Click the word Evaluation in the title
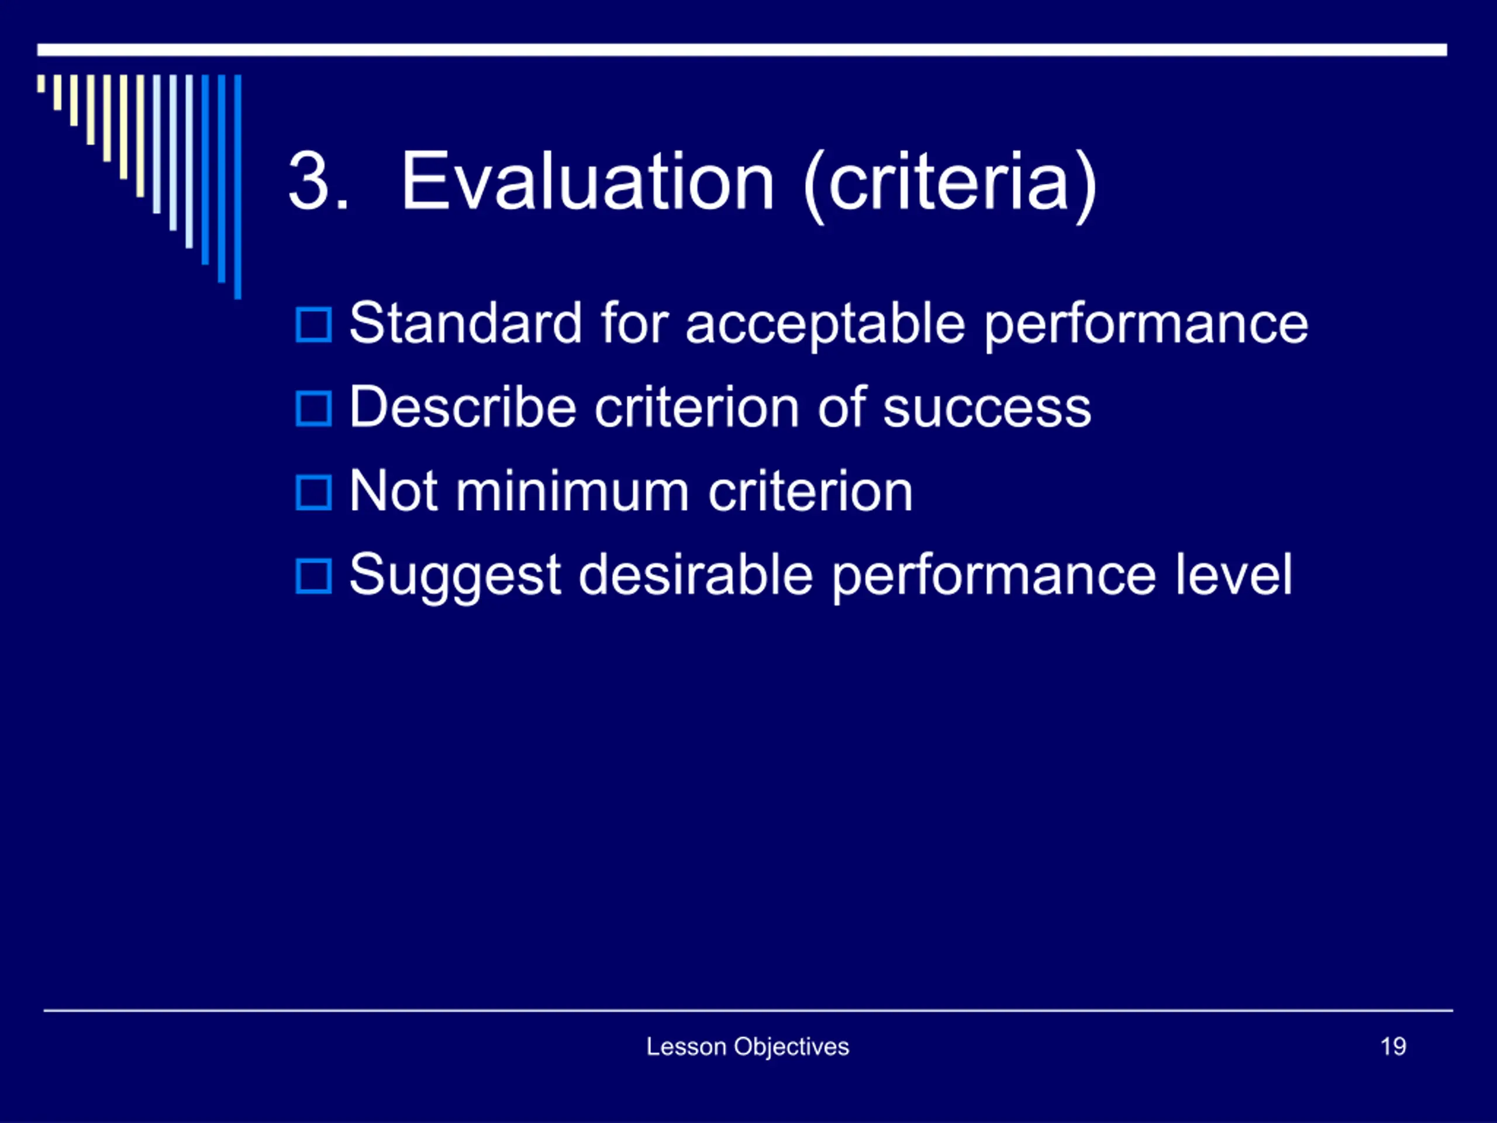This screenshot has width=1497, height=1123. click(x=588, y=181)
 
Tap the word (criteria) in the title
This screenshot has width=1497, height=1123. click(x=950, y=185)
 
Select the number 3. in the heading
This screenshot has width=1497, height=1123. click(x=318, y=181)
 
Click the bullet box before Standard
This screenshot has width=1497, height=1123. click(x=314, y=325)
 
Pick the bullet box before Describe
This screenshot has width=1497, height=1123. click(x=314, y=409)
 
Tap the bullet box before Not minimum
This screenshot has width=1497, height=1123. click(x=314, y=493)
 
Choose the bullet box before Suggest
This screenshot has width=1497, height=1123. click(x=314, y=576)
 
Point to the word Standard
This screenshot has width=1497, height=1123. click(x=465, y=323)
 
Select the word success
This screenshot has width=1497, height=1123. click(x=988, y=409)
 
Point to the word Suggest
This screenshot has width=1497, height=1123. click(x=456, y=576)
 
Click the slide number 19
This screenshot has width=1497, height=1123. click(x=1393, y=1046)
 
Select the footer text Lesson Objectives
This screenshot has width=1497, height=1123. click(x=748, y=1047)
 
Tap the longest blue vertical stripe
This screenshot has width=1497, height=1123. click(x=237, y=187)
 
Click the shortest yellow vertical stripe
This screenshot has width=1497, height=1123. click(x=42, y=83)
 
